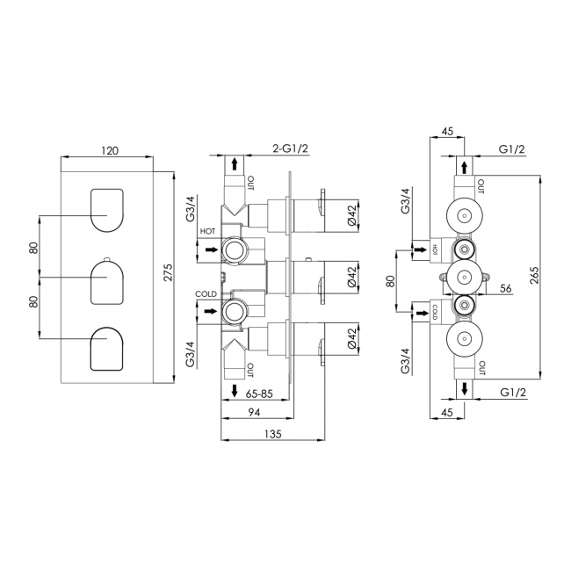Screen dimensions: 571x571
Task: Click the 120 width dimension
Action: click(x=110, y=150)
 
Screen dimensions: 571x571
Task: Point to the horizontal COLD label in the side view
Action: click(x=206, y=294)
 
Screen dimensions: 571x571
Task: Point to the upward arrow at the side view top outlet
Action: click(x=234, y=163)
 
